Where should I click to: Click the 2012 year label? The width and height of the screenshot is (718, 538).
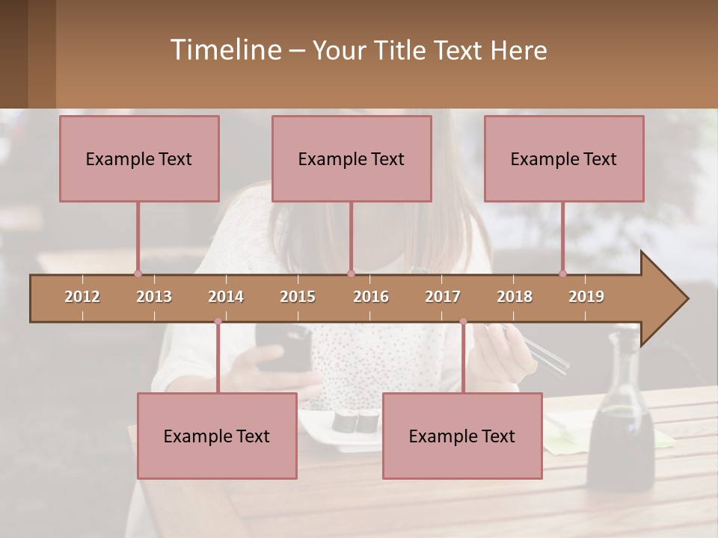82,297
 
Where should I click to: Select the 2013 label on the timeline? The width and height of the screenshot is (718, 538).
154,297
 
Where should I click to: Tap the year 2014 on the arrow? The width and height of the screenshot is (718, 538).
226,297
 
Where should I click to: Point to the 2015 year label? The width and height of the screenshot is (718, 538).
298,297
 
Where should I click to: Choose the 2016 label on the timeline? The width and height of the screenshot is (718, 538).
371,297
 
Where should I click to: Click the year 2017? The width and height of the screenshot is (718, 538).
443,297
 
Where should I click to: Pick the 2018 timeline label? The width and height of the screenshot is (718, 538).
515,297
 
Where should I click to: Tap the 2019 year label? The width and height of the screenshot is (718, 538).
586,297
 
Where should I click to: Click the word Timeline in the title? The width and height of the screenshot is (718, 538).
225,50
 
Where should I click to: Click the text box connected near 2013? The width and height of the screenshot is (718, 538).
139,158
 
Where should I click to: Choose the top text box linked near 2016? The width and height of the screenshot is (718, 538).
352,158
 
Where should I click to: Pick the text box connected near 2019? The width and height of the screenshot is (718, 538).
564,158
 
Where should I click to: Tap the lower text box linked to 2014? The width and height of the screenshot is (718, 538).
217,436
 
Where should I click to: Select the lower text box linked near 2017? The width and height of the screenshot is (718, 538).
462,436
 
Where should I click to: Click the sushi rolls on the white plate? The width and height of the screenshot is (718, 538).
356,421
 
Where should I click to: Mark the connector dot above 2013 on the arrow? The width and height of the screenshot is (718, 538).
138,273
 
